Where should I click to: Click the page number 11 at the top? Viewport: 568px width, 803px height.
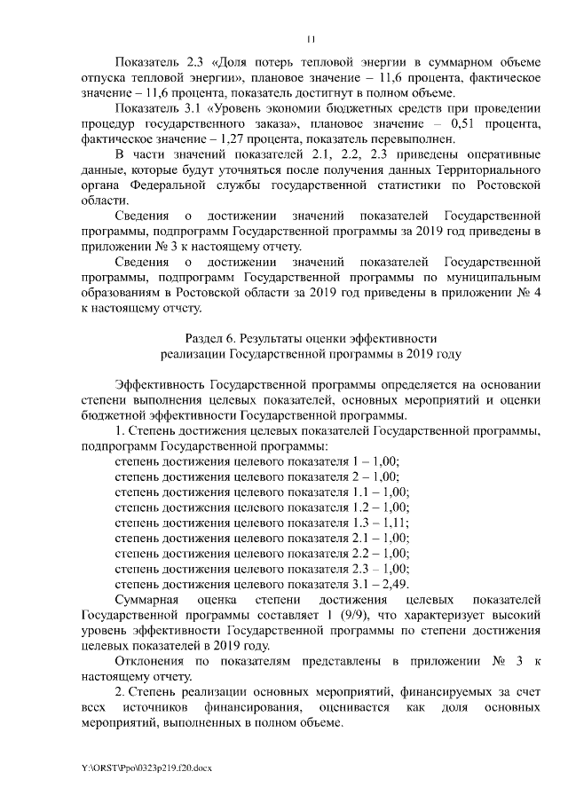pyautogui.click(x=311, y=38)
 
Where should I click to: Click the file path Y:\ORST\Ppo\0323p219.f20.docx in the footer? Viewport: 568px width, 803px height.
pyautogui.click(x=146, y=766)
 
